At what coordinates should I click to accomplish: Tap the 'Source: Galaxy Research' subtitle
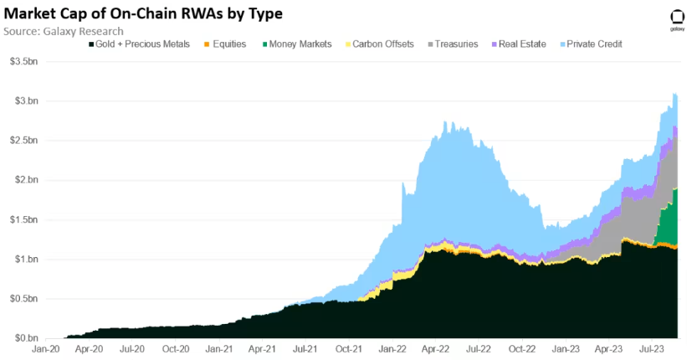click(x=63, y=31)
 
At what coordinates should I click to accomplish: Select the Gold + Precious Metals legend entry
click(x=139, y=44)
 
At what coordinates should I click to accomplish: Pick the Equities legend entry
click(x=223, y=44)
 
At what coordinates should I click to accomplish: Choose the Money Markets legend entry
click(x=296, y=44)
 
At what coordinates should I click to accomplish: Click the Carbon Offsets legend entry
click(x=378, y=44)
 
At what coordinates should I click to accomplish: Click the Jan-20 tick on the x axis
click(x=44, y=349)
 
